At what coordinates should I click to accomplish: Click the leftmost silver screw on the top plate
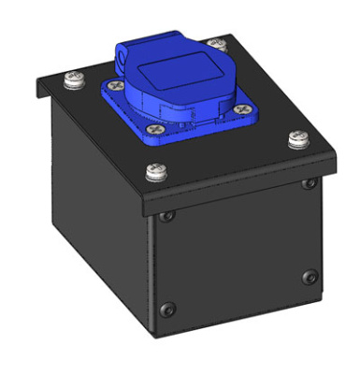pos(69,81)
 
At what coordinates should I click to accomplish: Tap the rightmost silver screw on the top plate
pos(298,139)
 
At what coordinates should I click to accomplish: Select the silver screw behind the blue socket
pos(217,44)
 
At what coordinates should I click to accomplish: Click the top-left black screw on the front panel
pos(166,217)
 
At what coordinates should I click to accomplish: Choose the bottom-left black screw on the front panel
pos(167,309)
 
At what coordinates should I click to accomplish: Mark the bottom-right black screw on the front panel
pos(308,276)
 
